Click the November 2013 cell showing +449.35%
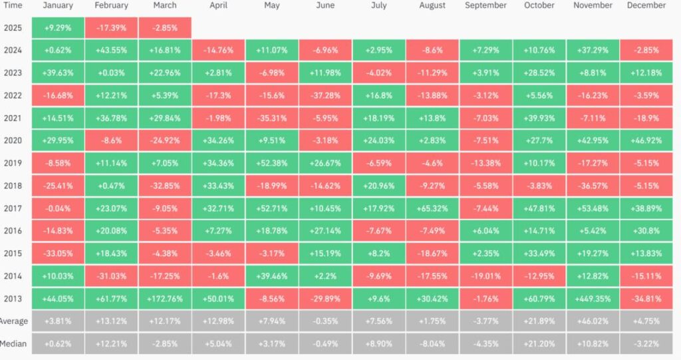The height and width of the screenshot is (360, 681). coord(593,299)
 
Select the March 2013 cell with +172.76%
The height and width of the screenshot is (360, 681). coord(165,299)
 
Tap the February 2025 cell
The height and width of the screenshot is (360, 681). coord(111,28)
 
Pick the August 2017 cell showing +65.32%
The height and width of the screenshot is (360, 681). coord(432,208)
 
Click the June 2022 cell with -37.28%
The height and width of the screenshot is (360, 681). coord(325,95)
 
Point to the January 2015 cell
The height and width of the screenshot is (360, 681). coord(58,254)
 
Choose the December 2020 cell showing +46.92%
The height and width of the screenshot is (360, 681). coord(646,140)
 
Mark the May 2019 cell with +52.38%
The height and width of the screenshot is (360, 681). coord(272,163)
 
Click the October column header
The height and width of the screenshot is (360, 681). coord(539,5)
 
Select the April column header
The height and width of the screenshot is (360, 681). coord(218,5)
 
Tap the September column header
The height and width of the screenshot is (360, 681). coord(485,5)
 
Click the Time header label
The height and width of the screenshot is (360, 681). coord(13,5)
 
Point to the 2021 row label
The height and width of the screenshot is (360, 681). coord(13,118)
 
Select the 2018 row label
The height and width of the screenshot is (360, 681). coord(13,186)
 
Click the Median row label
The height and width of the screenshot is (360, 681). coord(13,343)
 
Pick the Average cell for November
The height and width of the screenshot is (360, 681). coord(593,321)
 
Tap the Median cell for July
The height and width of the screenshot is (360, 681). coord(378,343)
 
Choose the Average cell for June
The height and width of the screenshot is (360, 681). coord(325,321)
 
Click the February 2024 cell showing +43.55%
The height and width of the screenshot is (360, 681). coord(111,50)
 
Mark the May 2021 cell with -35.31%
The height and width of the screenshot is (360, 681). coord(272,118)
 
